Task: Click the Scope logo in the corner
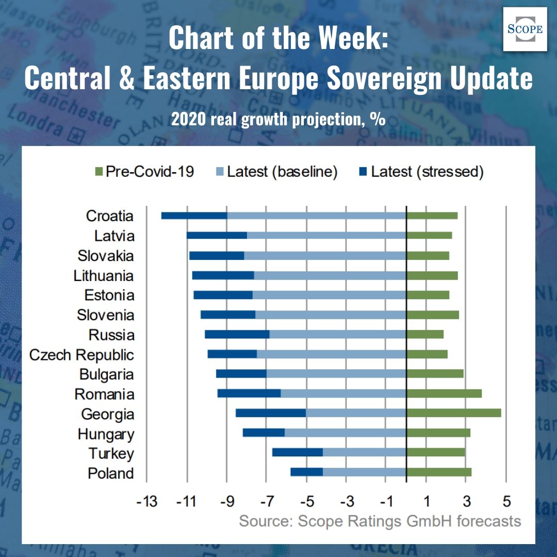[525, 29]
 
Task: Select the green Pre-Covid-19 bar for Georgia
[453, 413]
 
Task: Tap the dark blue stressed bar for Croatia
[194, 216]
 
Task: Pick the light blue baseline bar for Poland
[364, 472]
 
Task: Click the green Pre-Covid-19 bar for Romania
[444, 394]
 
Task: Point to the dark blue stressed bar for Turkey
[297, 452]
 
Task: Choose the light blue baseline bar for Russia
[337, 334]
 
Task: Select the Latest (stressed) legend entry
[420, 172]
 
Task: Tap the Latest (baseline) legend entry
[275, 172]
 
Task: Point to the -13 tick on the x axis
[146, 501]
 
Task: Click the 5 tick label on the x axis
[506, 501]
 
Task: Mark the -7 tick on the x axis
[266, 501]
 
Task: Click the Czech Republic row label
[81, 355]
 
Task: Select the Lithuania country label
[104, 275]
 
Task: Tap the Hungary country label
[106, 434]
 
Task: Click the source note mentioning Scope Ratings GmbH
[380, 521]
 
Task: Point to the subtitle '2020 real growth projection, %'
[278, 120]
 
